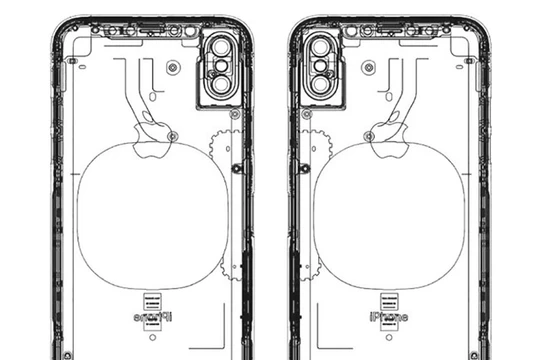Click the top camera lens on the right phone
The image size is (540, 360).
322,51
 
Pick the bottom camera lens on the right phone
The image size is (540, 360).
322,86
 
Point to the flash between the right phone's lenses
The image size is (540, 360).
322,69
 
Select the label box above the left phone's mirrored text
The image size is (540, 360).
152,299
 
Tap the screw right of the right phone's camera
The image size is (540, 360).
364,67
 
